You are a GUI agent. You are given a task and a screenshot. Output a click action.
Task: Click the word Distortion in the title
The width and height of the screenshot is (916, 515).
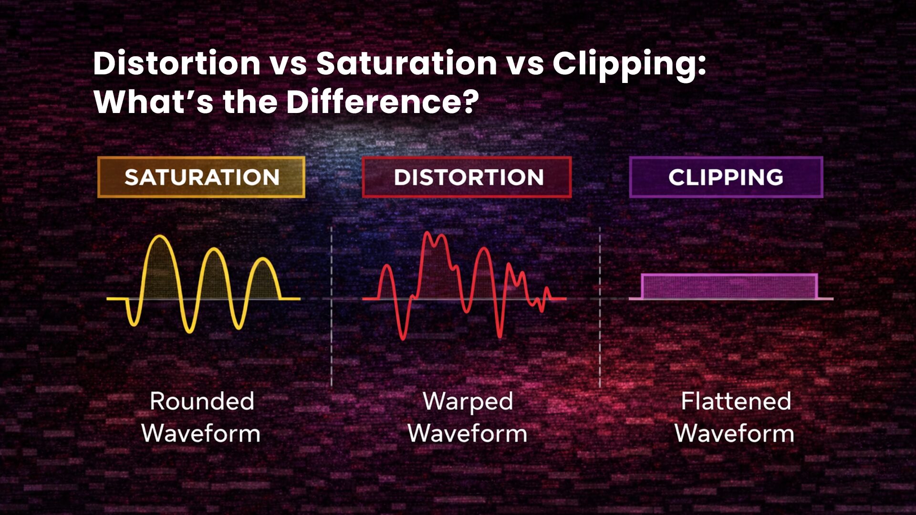pos(177,63)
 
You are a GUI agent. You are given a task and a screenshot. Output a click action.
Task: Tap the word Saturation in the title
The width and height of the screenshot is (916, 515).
pos(406,63)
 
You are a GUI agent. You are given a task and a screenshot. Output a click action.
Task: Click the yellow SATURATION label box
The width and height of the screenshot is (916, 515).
pos(201,177)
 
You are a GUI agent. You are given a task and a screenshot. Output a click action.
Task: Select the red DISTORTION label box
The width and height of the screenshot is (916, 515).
pos(467,177)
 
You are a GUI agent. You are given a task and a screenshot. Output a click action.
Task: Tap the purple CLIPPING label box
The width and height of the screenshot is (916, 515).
pos(726,177)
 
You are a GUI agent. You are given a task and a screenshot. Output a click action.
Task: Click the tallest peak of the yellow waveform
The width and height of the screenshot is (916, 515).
pos(159,237)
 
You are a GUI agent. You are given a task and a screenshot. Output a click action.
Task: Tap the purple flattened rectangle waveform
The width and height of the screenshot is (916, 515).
pos(729,287)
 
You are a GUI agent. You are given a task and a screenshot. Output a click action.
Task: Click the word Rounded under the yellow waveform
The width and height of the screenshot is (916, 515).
pos(202,401)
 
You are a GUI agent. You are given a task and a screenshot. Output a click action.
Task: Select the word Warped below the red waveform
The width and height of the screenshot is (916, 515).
pos(468,401)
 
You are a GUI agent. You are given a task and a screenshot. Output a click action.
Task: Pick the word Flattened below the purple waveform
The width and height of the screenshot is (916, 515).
pos(735,401)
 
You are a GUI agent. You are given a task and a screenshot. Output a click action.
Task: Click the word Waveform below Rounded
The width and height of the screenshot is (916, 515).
pos(201,433)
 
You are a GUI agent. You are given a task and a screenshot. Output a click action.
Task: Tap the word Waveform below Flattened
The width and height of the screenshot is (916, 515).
pos(734,433)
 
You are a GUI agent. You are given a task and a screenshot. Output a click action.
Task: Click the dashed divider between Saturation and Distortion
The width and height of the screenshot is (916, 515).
pos(332,305)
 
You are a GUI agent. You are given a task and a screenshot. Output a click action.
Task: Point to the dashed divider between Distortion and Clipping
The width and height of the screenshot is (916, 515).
pos(600,305)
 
